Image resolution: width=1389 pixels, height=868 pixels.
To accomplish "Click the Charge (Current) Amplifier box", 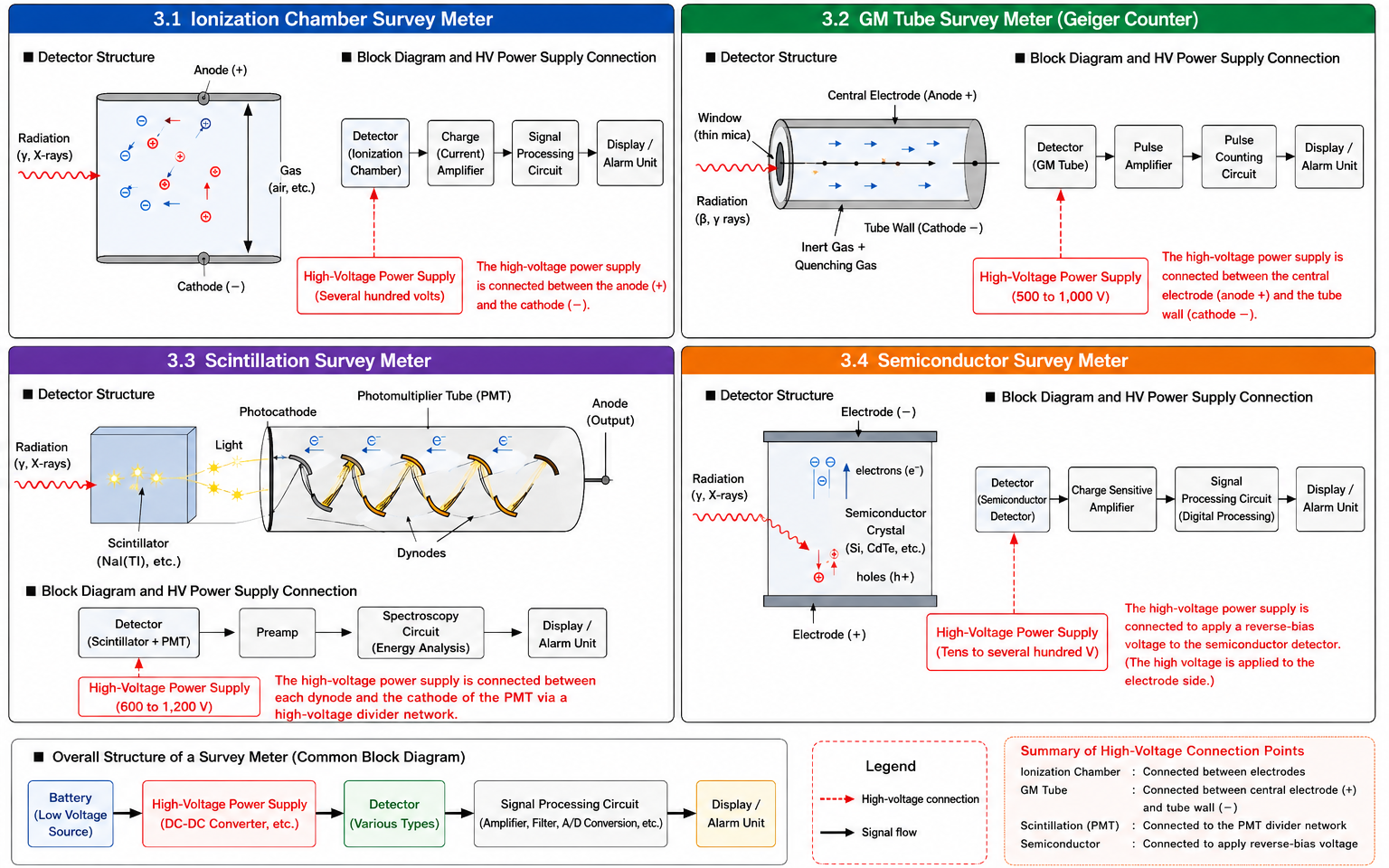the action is [x=460, y=153].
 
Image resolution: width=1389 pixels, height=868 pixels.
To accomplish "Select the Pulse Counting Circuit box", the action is [x=1238, y=156].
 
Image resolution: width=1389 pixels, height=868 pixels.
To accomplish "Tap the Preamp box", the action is [x=278, y=632].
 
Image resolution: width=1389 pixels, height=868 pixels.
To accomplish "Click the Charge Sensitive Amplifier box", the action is [x=1111, y=499].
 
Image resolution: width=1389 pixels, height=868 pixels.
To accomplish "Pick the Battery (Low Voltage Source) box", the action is [x=71, y=814].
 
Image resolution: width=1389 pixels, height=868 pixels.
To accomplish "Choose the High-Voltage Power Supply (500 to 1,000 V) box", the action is [x=1061, y=287].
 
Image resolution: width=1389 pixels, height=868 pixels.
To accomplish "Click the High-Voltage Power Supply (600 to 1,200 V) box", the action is [x=169, y=697].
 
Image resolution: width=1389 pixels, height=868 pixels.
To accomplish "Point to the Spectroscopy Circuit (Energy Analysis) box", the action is [x=420, y=632].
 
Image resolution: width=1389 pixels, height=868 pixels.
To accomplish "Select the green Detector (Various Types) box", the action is [x=394, y=814].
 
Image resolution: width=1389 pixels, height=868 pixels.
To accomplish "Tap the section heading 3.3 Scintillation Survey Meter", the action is [x=299, y=361].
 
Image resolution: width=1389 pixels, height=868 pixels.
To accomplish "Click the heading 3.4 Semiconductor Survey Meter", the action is [x=984, y=361].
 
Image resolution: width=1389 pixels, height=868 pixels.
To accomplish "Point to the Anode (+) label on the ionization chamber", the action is [x=220, y=70].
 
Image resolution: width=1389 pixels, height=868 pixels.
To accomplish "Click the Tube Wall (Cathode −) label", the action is [x=923, y=228].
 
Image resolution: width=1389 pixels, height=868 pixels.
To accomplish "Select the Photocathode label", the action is [x=278, y=411].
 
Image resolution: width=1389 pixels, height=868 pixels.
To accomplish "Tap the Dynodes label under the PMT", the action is [x=421, y=553].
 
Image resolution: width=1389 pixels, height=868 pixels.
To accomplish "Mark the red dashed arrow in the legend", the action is [x=836, y=799].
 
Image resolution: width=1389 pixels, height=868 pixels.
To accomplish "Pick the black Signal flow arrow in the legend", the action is [x=836, y=832].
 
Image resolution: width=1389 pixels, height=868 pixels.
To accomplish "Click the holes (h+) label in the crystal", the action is [x=885, y=577].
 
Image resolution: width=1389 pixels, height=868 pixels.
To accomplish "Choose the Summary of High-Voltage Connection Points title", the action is [x=1162, y=750].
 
